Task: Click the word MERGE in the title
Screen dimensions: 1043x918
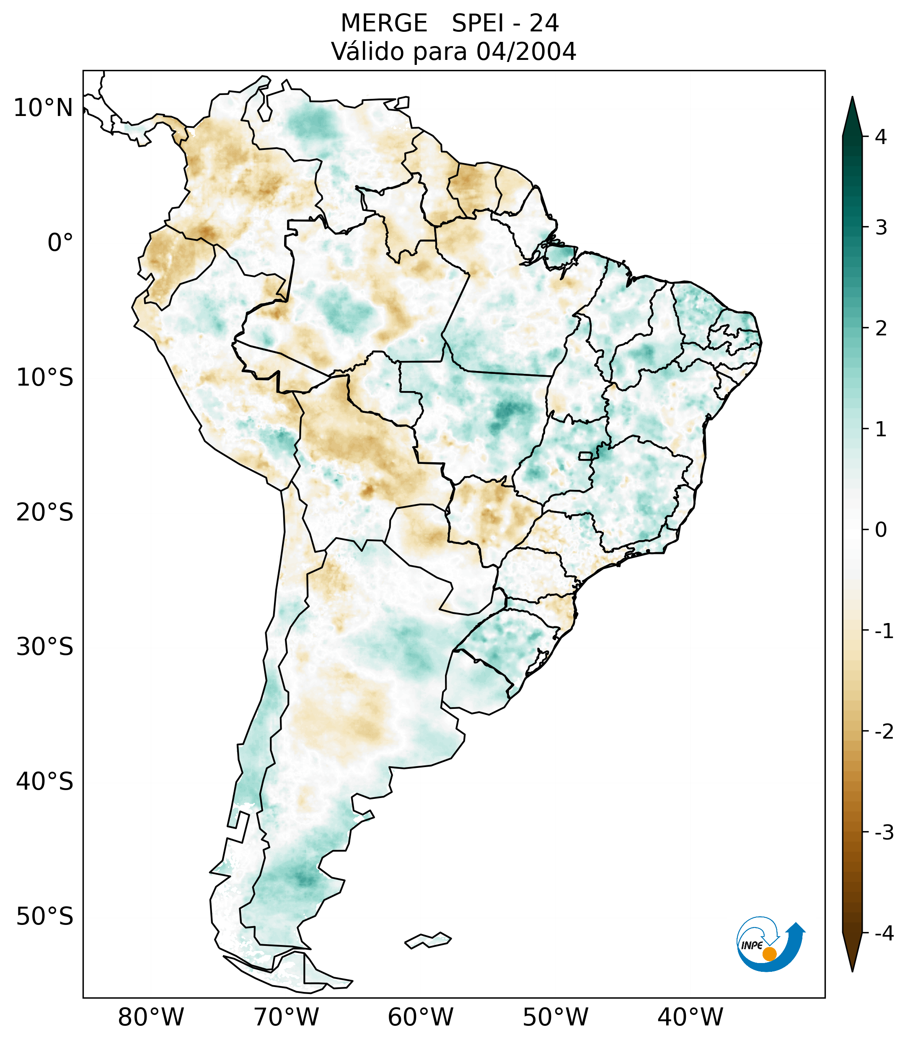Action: point(383,23)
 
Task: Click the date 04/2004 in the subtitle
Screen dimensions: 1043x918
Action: point(526,52)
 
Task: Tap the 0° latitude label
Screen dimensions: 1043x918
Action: point(60,243)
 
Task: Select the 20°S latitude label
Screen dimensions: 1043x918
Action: point(45,512)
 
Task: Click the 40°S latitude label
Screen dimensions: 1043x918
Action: point(45,782)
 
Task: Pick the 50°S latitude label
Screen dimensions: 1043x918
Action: point(45,917)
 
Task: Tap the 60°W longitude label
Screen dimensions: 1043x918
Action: point(420,1017)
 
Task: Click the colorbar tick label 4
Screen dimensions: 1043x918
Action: point(881,137)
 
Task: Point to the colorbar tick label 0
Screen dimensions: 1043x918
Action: point(881,530)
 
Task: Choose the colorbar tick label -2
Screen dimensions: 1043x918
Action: point(884,732)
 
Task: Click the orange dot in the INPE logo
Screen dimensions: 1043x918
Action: point(769,954)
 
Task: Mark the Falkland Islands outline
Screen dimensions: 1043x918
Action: point(428,940)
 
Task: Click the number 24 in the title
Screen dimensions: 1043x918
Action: point(544,23)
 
